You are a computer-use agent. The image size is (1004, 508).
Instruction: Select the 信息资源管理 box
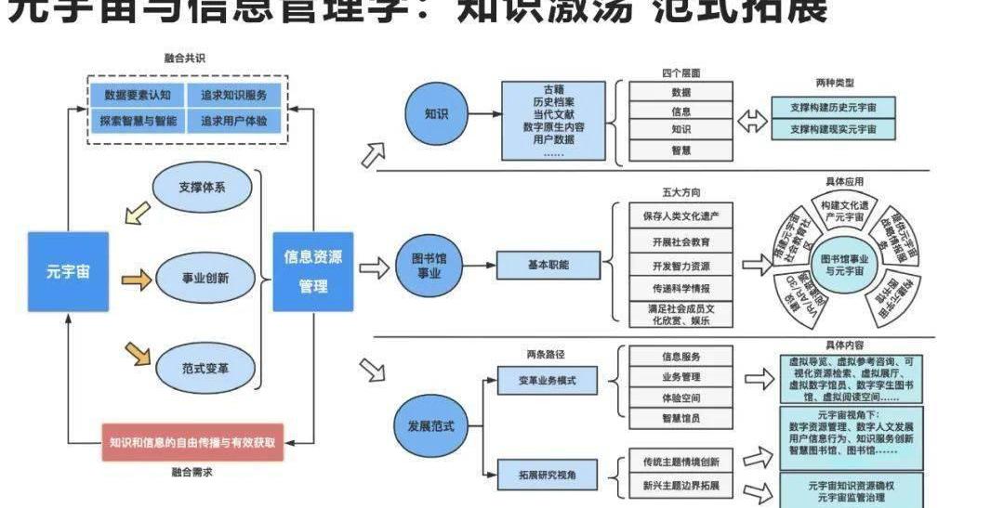[x=312, y=271]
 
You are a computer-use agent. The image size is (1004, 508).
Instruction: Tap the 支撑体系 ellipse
[x=203, y=187]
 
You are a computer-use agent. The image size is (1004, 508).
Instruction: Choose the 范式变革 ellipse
[x=205, y=367]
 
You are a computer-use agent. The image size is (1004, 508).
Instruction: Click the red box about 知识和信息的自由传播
[x=192, y=442]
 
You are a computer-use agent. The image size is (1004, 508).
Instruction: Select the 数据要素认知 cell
[x=137, y=95]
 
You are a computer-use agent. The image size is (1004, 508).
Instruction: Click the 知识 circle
[x=436, y=114]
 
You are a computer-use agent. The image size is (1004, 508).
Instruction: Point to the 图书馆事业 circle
[x=436, y=264]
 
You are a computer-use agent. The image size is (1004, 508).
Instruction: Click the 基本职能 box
[x=548, y=265]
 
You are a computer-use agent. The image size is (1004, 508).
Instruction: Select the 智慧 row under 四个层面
[x=680, y=149]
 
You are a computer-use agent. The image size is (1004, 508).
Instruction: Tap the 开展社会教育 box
[x=680, y=241]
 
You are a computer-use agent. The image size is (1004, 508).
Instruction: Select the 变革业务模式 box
[x=548, y=380]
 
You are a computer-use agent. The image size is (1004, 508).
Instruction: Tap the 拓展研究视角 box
[x=548, y=475]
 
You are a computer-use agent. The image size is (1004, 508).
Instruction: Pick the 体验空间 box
[x=680, y=397]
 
